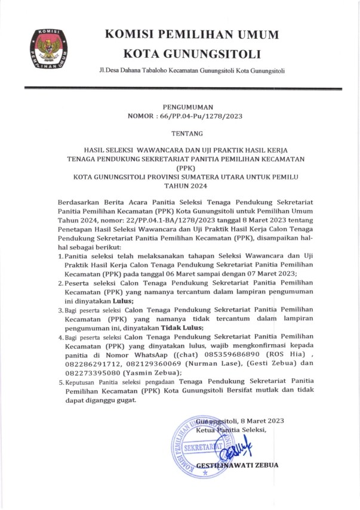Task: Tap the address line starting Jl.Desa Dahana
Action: pyautogui.click(x=192, y=72)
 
